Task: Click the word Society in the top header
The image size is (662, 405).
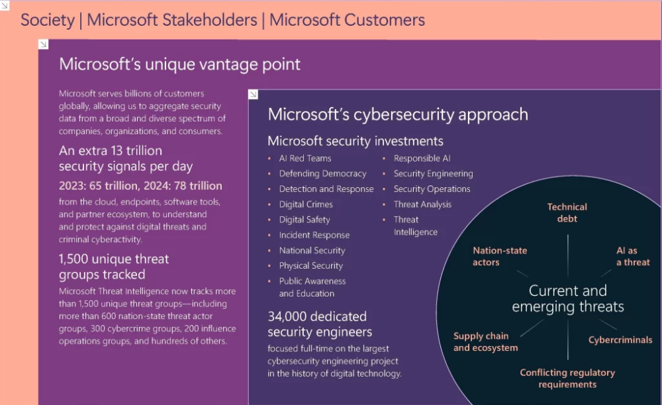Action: click(48, 21)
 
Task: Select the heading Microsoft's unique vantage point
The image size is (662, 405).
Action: click(180, 64)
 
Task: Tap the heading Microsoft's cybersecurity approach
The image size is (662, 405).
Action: click(398, 114)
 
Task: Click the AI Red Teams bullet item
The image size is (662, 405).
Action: click(305, 158)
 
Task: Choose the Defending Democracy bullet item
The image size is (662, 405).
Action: click(322, 174)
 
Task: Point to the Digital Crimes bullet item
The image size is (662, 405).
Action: click(306, 204)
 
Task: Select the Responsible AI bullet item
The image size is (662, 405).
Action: click(422, 158)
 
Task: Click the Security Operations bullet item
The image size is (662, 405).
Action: click(432, 189)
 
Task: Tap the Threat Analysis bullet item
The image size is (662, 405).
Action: click(422, 204)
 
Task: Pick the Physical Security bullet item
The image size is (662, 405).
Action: click(310, 266)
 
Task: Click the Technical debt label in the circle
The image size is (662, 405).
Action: click(567, 212)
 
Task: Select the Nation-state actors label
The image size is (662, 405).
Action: click(500, 256)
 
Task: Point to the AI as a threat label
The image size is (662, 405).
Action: click(633, 256)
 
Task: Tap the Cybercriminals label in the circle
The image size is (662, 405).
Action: click(620, 339)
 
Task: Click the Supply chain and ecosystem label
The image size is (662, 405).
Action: click(485, 341)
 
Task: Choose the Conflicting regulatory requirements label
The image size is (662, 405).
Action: click(567, 379)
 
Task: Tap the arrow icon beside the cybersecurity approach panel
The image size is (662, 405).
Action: click(254, 95)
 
